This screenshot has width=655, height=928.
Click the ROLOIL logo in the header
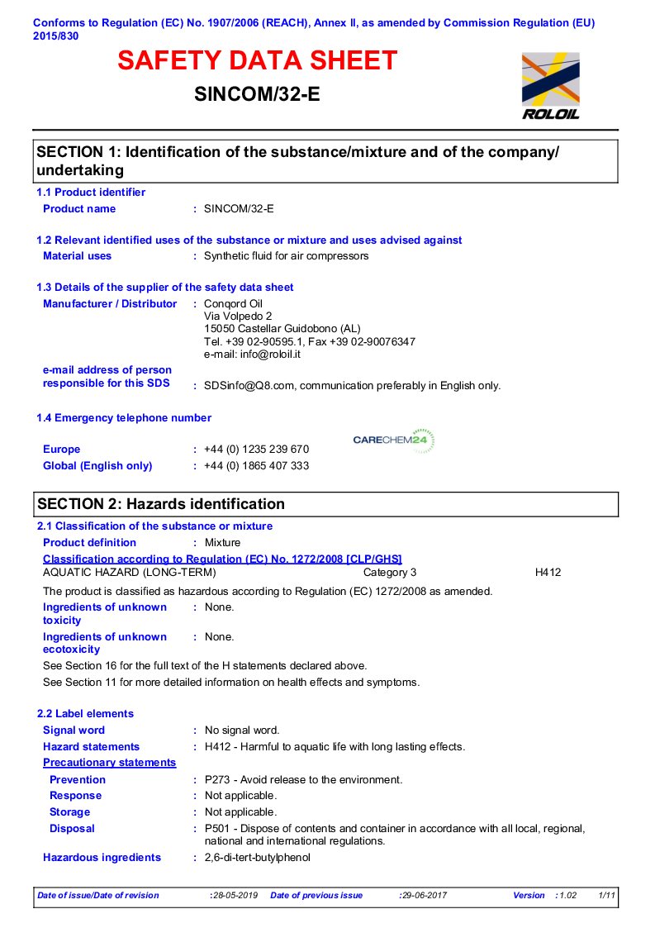550,86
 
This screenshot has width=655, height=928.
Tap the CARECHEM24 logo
393,440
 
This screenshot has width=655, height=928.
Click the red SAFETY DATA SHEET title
257,61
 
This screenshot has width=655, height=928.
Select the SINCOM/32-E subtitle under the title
257,94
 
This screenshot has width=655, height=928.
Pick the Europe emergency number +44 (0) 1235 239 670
257,450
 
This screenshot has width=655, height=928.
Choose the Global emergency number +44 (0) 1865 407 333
257,466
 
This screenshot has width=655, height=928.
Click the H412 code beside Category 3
548,572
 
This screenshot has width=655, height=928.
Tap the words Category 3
390,572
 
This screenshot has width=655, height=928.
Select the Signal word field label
74,731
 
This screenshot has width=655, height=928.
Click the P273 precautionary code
217,780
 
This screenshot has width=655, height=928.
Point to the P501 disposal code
217,829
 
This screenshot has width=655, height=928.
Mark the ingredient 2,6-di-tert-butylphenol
257,858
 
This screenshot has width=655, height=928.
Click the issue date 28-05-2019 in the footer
235,896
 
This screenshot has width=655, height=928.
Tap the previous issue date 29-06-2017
425,896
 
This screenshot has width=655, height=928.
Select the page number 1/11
607,896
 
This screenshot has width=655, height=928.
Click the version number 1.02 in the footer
567,896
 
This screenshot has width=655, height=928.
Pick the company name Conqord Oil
233,304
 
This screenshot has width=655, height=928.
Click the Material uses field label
77,256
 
